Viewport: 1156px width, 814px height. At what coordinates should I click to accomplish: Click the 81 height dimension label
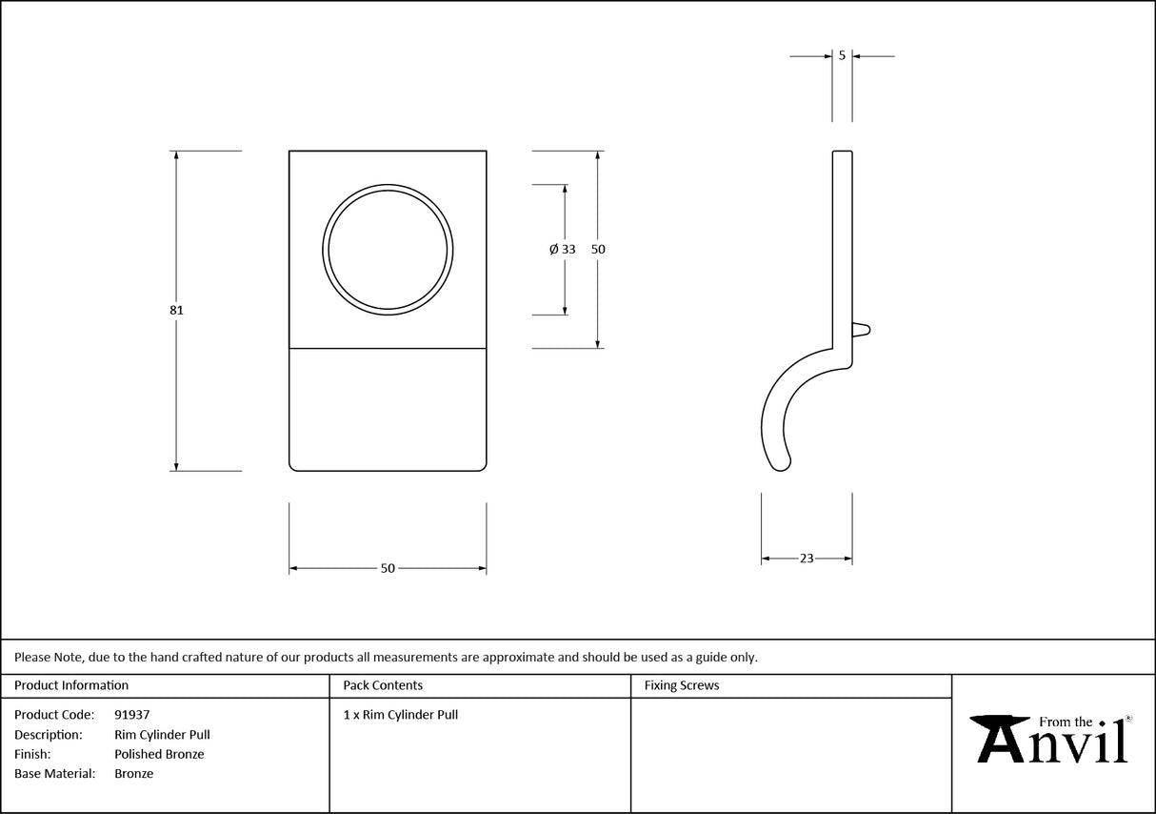click(x=177, y=310)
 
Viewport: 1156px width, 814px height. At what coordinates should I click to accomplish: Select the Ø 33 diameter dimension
click(x=563, y=249)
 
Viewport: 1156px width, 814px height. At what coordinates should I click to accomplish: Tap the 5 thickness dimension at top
click(x=842, y=56)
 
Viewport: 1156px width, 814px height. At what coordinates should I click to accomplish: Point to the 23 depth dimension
click(x=807, y=559)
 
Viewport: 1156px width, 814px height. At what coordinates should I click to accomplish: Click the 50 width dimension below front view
click(x=388, y=569)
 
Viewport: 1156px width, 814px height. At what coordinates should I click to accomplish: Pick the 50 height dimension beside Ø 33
click(x=598, y=249)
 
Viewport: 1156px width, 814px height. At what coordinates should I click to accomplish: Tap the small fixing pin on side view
click(x=861, y=330)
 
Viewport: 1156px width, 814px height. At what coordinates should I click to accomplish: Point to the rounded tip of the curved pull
click(x=784, y=465)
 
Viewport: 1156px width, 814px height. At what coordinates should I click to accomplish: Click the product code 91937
click(x=131, y=715)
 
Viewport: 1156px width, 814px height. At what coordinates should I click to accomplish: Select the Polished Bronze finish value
click(x=159, y=754)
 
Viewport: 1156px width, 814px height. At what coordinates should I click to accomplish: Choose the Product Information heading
click(x=71, y=685)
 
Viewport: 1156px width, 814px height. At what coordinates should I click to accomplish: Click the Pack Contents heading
click(x=383, y=685)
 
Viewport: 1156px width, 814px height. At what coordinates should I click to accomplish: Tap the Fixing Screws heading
click(x=682, y=685)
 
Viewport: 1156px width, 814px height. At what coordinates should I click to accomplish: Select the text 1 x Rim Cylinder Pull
click(x=401, y=715)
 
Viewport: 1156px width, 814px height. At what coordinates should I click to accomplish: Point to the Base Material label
click(x=55, y=774)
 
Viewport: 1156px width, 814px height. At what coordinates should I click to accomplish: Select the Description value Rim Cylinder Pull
click(x=162, y=735)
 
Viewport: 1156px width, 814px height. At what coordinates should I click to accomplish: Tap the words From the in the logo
click(x=1066, y=722)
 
